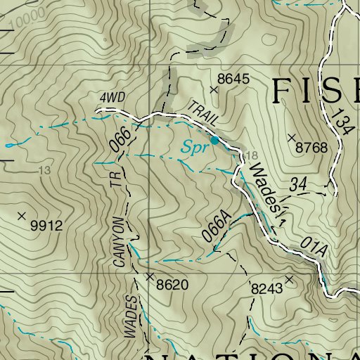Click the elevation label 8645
(x=233, y=79)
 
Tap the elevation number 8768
(x=312, y=148)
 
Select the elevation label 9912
(x=47, y=226)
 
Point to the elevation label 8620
(x=174, y=285)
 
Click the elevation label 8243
(x=266, y=288)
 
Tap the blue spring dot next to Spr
(x=214, y=141)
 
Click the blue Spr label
(x=192, y=148)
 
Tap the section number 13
(x=46, y=170)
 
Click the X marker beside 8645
(x=214, y=89)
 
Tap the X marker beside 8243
(x=288, y=279)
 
